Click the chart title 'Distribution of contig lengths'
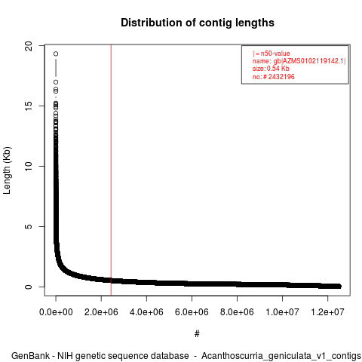tap(198, 23)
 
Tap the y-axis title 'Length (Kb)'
tap(7, 170)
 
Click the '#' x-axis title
tap(197, 333)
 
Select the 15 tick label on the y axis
tap(29, 106)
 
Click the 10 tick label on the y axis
tap(29, 166)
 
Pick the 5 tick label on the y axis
tap(29, 226)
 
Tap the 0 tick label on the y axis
tap(29, 287)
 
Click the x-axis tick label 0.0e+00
tap(56, 312)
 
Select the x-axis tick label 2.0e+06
tap(101, 312)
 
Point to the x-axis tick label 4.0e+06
tap(146, 312)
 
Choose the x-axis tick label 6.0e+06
tap(192, 312)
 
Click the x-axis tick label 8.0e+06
tap(237, 312)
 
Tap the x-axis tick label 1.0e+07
tap(282, 312)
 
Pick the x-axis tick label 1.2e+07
tap(327, 312)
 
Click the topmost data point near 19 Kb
tap(56, 54)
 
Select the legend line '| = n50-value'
tap(271, 54)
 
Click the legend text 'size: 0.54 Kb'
tap(271, 69)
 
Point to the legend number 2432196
tap(281, 77)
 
